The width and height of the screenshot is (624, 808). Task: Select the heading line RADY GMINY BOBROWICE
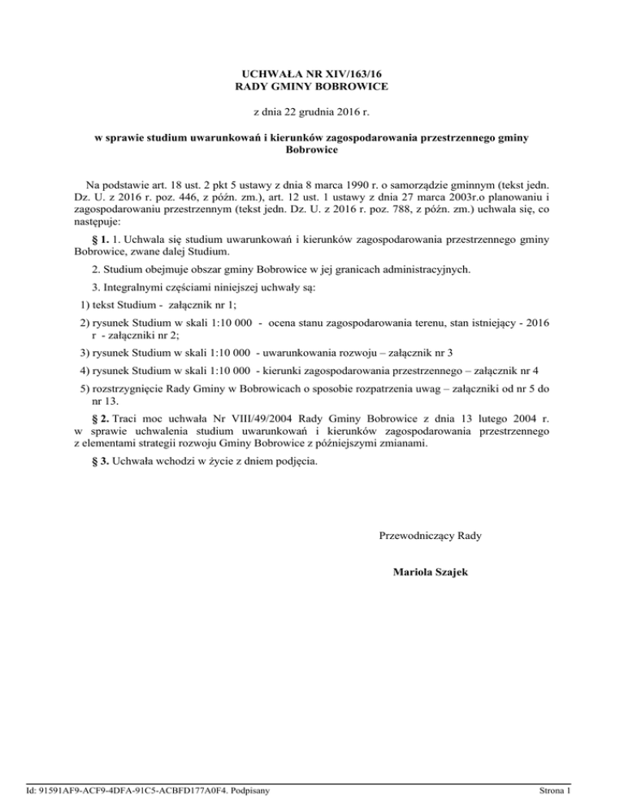click(x=311, y=86)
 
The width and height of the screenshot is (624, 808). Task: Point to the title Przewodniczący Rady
click(x=430, y=536)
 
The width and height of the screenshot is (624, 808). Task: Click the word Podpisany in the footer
click(x=248, y=789)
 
